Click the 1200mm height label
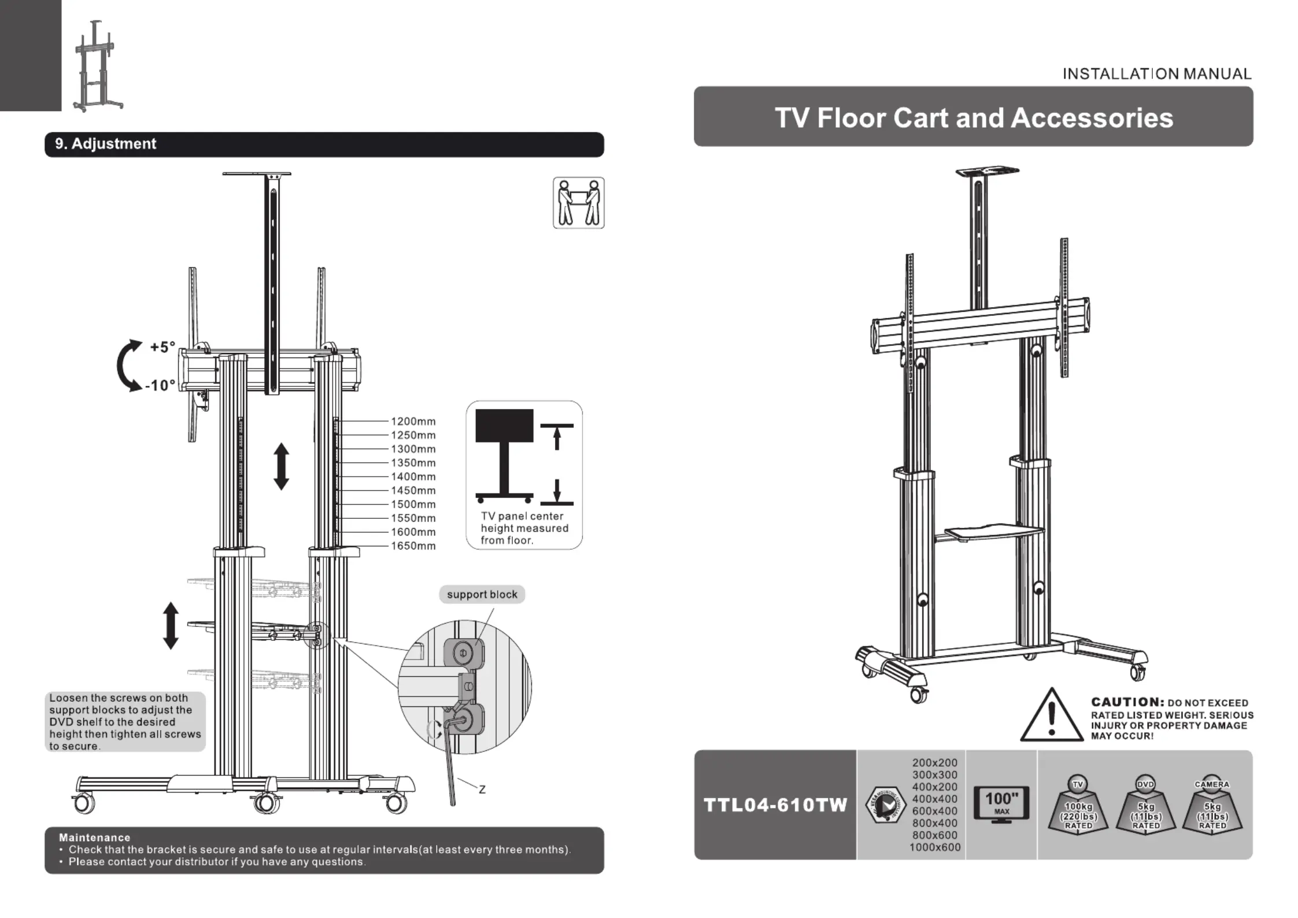(413, 422)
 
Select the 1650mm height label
(413, 546)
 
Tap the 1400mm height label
(413, 477)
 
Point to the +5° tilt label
(162, 347)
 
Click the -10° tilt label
(160, 385)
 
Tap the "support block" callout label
(482, 595)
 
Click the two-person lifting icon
(578, 203)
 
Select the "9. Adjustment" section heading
(106, 144)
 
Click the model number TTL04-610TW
(775, 805)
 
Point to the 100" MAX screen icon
(1001, 805)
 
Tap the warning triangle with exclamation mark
(1051, 716)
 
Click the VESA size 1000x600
(935, 847)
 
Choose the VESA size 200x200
(935, 763)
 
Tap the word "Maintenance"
(95, 838)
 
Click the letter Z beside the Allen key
(482, 790)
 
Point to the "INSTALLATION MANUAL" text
(1156, 74)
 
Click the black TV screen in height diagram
(504, 426)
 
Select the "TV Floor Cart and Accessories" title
(974, 118)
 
